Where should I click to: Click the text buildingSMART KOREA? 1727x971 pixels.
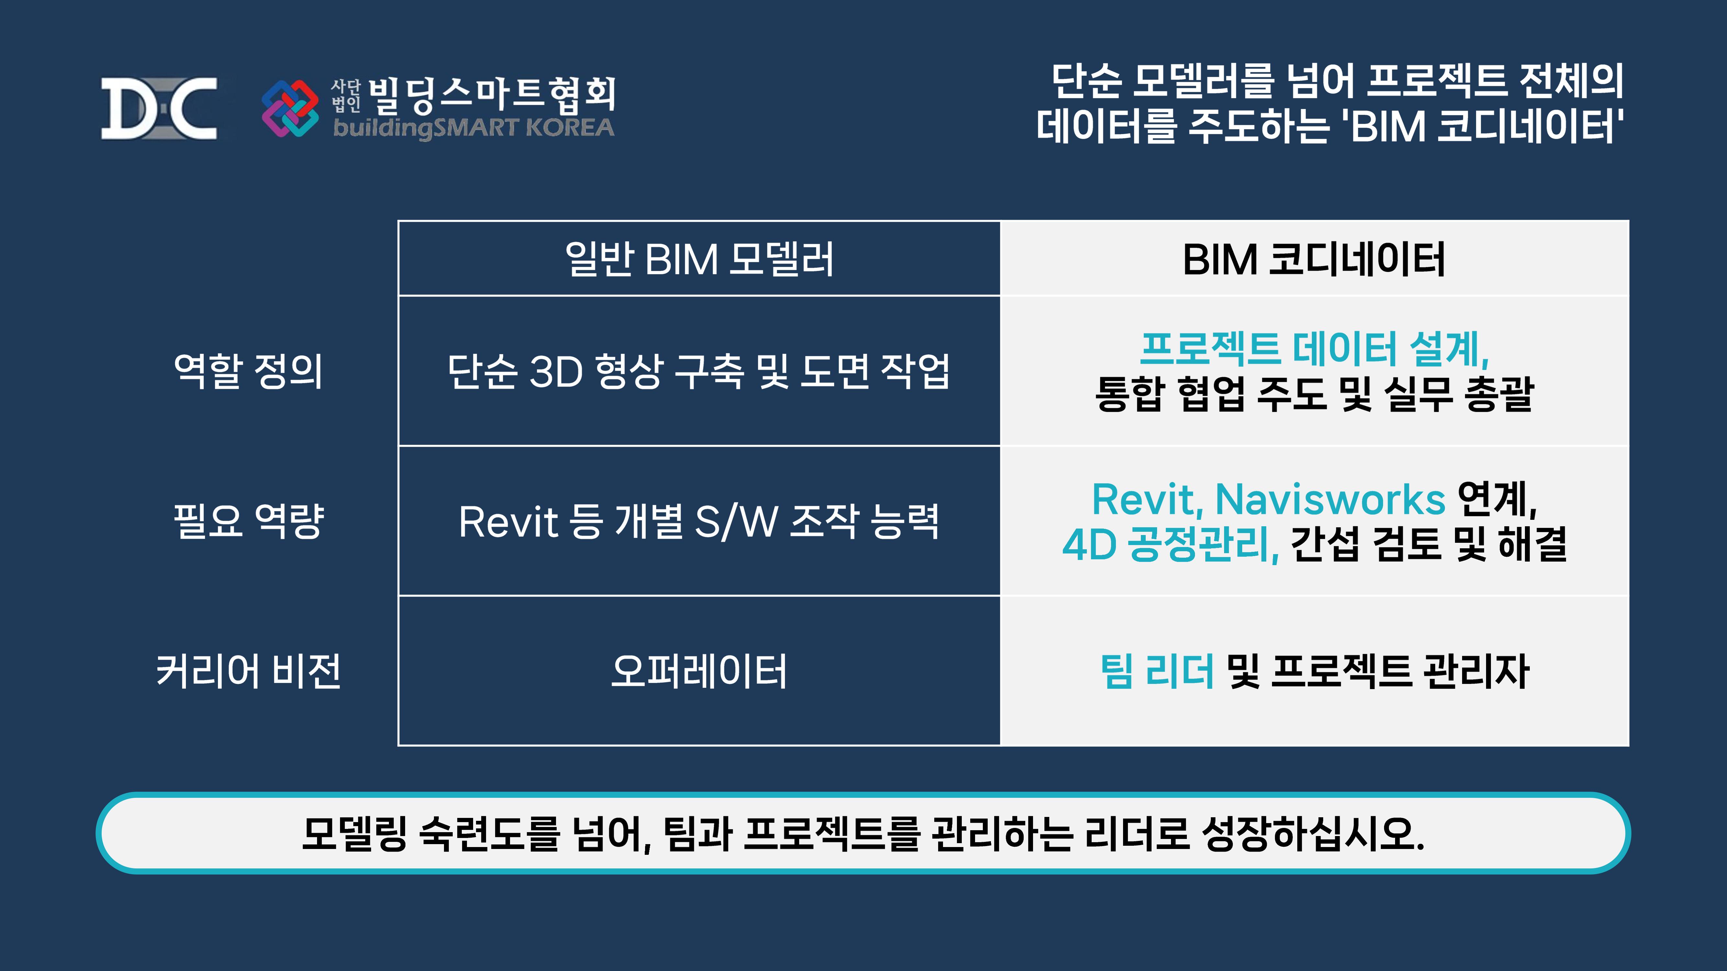tap(473, 127)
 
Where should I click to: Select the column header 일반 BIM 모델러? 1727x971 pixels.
tap(699, 259)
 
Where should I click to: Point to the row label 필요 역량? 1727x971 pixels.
tap(248, 521)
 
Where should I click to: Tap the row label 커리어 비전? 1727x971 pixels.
tap(248, 671)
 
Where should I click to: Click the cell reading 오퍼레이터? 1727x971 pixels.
tap(699, 671)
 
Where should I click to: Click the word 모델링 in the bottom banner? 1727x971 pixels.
tap(354, 834)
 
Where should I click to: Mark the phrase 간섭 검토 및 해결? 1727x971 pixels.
tap(1428, 544)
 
